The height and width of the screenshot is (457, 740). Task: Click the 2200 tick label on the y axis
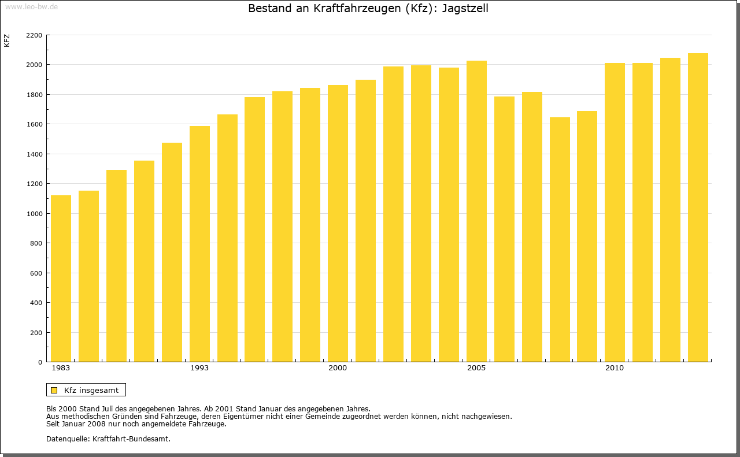[34, 35]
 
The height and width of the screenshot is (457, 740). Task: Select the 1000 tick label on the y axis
[34, 214]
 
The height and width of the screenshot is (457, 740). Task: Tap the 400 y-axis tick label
[36, 303]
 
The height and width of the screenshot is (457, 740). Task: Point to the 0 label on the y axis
[40, 362]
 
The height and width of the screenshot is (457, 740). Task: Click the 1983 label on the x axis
[61, 368]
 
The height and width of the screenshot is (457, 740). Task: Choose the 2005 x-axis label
[476, 368]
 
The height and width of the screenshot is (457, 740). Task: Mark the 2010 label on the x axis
[615, 368]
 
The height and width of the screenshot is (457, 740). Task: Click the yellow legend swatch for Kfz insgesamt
[54, 390]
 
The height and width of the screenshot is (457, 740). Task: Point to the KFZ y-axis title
[7, 40]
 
